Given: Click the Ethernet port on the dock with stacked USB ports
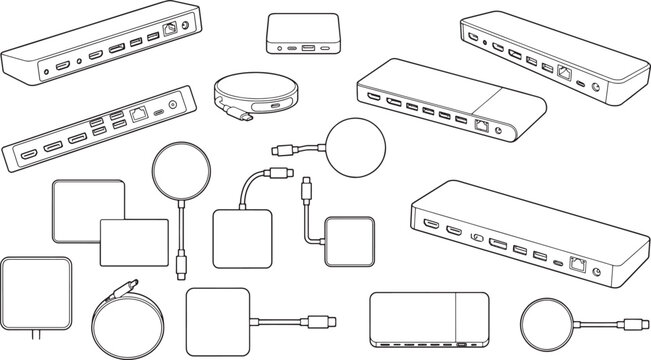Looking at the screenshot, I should pyautogui.click(x=138, y=114).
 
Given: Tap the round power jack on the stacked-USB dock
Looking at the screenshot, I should pyautogui.click(x=177, y=104).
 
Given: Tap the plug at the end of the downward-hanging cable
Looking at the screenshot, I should pyautogui.click(x=182, y=266).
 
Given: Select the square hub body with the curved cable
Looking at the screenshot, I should pyautogui.click(x=242, y=238).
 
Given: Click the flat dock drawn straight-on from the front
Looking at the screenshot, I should pyautogui.click(x=428, y=319).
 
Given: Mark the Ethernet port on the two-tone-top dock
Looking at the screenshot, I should pyautogui.click(x=484, y=126).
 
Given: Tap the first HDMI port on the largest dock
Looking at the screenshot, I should pyautogui.click(x=431, y=224).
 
